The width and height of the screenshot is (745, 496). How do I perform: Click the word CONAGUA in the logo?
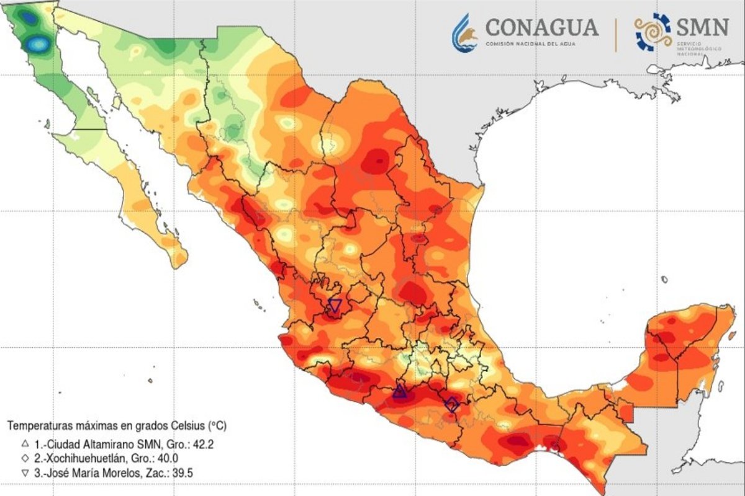[542, 27]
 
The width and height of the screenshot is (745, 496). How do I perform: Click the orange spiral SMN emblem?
[652, 32]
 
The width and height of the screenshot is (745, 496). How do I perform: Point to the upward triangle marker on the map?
[400, 391]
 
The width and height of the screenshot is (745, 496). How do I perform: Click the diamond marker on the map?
[452, 405]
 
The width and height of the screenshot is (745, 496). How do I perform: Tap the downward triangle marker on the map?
[335, 305]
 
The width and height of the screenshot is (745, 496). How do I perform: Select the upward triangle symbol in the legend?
[25, 444]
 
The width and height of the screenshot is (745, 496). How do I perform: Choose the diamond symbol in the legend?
[25, 459]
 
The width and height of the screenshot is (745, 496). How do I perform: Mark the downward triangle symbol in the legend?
[25, 474]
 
